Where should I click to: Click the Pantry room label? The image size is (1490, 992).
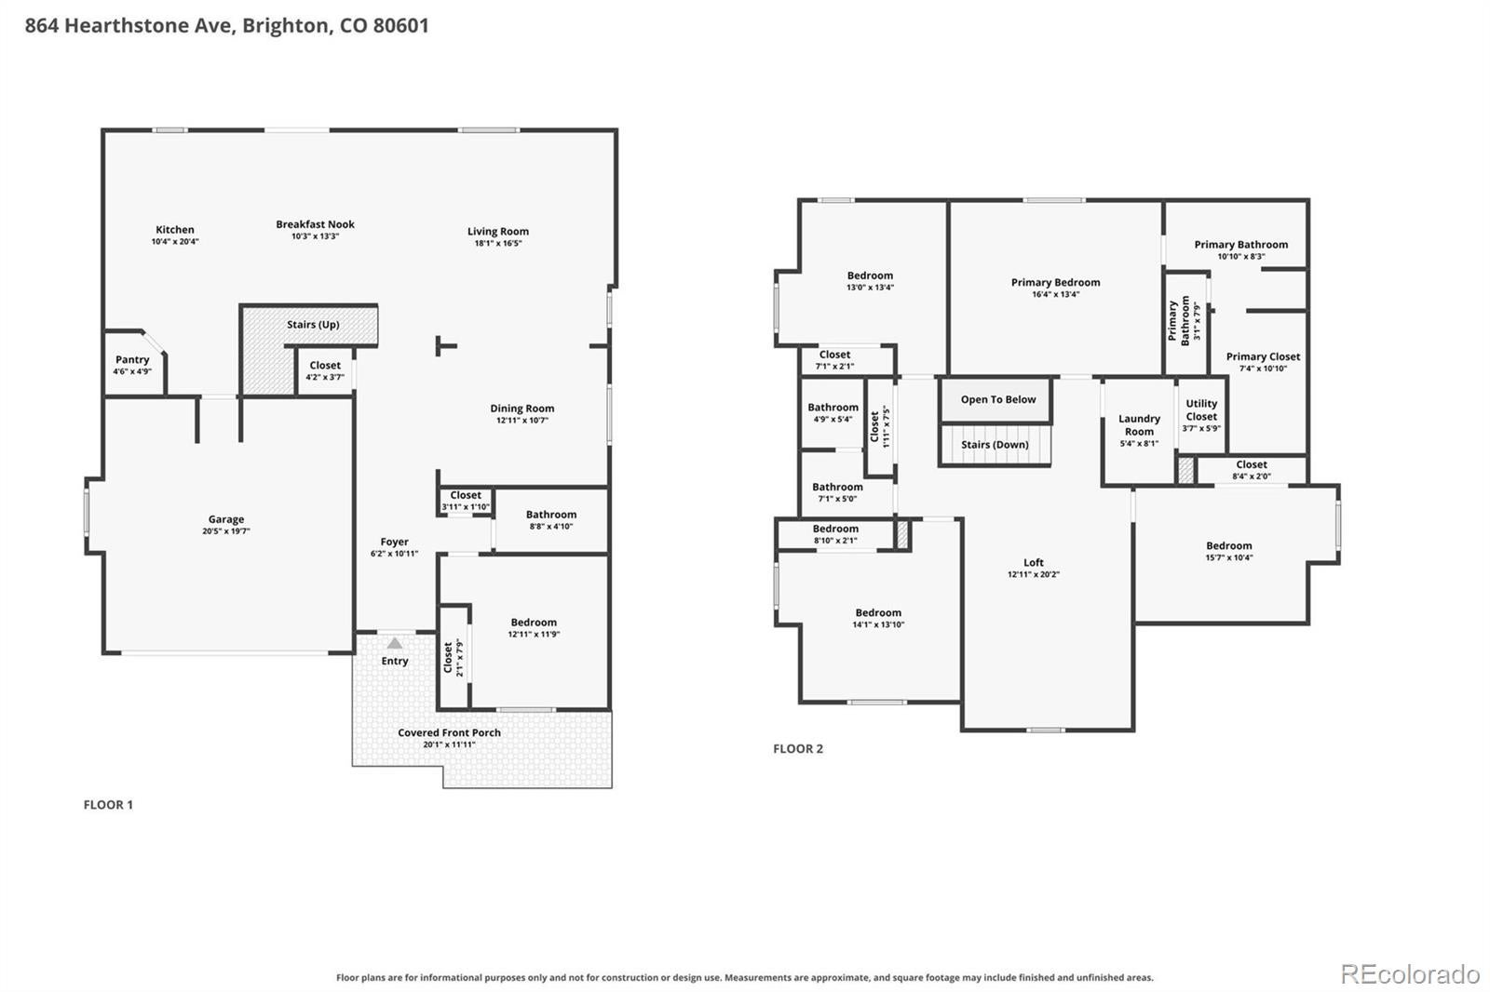pyautogui.click(x=131, y=360)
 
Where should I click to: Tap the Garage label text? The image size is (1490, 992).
pyautogui.click(x=226, y=519)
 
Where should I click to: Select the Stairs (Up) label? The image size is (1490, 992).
pyautogui.click(x=313, y=325)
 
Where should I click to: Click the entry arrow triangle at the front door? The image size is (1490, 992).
pyautogui.click(x=395, y=643)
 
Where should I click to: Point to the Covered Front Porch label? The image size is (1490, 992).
pyautogui.click(x=449, y=732)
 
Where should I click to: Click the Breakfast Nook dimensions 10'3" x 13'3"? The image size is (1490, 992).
pyautogui.click(x=316, y=236)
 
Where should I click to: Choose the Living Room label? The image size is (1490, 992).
pyautogui.click(x=498, y=232)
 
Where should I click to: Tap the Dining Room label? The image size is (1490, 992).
pyautogui.click(x=522, y=409)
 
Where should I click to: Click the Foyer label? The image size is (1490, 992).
pyautogui.click(x=395, y=542)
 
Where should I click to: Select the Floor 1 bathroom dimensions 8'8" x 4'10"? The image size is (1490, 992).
pyautogui.click(x=551, y=526)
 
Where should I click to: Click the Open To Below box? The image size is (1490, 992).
pyautogui.click(x=996, y=399)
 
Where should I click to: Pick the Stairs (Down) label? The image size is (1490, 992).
pyautogui.click(x=996, y=445)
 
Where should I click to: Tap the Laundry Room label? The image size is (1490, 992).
pyautogui.click(x=1140, y=425)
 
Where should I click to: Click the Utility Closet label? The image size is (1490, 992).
pyautogui.click(x=1201, y=410)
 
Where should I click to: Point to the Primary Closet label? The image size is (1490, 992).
pyautogui.click(x=1263, y=356)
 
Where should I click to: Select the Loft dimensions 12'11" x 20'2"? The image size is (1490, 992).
pyautogui.click(x=1034, y=574)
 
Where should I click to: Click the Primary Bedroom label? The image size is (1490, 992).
pyautogui.click(x=1056, y=283)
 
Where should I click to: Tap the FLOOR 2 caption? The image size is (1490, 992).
pyautogui.click(x=798, y=749)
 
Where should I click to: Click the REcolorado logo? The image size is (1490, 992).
pyautogui.click(x=1410, y=974)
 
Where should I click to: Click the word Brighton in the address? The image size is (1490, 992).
pyautogui.click(x=285, y=25)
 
